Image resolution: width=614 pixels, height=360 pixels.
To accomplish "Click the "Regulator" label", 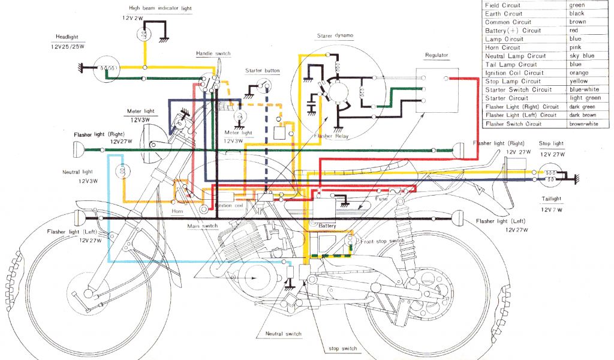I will click(x=437, y=55).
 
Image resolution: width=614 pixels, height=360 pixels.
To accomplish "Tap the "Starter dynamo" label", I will click(x=335, y=36).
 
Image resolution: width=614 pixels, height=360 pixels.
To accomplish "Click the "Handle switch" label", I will click(x=213, y=54).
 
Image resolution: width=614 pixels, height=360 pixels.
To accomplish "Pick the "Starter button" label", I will click(x=262, y=71).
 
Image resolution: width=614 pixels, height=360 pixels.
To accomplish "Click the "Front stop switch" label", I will click(x=384, y=241).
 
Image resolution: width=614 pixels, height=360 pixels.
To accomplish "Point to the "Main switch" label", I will click(x=203, y=226).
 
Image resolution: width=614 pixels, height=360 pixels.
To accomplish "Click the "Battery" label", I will click(x=327, y=226).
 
